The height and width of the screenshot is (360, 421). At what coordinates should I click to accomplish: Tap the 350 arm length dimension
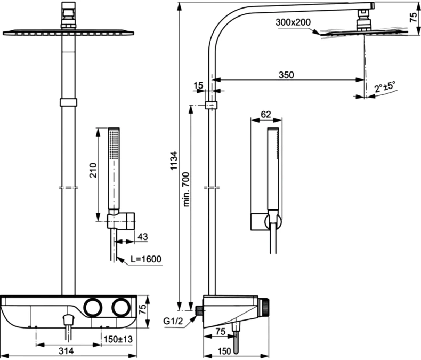pos(286,75)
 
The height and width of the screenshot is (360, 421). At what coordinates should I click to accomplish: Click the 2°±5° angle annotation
pos(385,86)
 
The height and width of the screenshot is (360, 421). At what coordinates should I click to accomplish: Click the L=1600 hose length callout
pos(147,260)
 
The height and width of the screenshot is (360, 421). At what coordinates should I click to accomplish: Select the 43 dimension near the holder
pos(142,236)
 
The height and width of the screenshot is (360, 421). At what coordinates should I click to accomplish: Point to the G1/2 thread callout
pos(173,321)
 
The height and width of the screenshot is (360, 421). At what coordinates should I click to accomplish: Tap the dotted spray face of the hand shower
pos(113,145)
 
